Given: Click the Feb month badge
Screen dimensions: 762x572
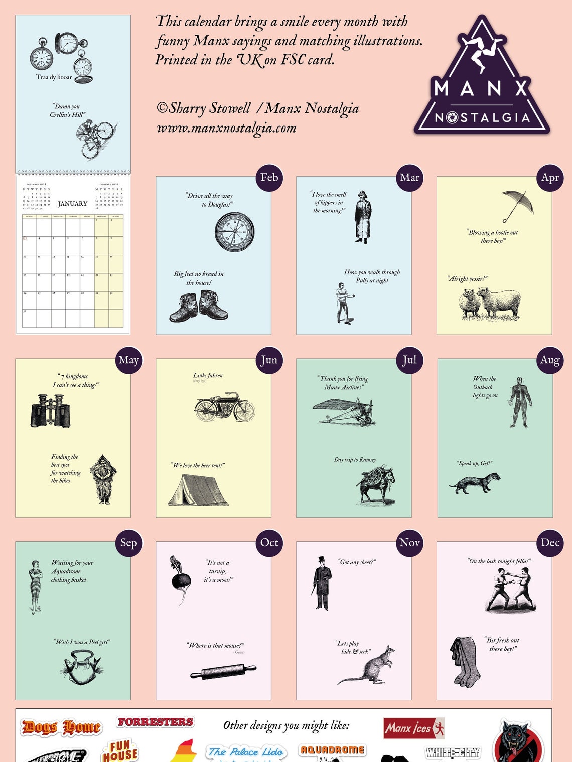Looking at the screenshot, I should tap(269, 178).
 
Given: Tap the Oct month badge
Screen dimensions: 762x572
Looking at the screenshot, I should tap(269, 543).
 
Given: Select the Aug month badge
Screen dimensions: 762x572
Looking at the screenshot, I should tap(550, 360).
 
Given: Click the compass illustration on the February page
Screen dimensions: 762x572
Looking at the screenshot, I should tap(234, 232).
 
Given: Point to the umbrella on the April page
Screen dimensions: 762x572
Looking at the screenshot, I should tap(517, 205).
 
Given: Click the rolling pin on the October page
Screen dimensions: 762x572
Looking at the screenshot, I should tap(223, 671).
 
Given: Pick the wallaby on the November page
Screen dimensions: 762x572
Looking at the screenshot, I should tap(367, 667).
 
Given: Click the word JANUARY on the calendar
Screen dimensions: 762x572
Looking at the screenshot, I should tap(72, 204).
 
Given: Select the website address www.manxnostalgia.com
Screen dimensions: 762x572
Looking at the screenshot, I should tap(226, 128).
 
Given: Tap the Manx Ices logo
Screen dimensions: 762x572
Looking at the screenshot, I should tap(413, 728).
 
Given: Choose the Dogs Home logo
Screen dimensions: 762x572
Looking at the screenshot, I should tap(61, 727).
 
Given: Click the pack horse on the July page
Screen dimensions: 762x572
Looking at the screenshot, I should tap(376, 484).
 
